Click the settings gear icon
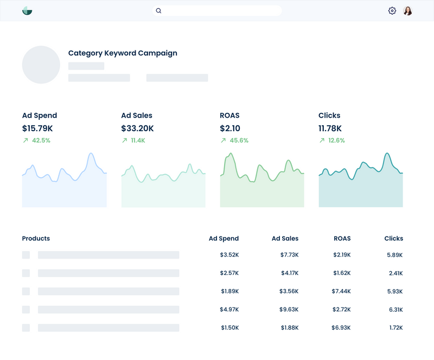coord(392,11)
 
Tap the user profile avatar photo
coord(408,11)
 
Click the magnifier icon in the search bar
coord(158,11)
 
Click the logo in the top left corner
coord(27,11)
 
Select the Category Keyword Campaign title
coord(123,53)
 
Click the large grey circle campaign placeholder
coord(41,65)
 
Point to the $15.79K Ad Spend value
coord(37,128)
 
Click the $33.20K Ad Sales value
coord(137,128)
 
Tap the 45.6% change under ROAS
coord(239,140)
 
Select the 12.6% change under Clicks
coord(336,140)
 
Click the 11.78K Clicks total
coord(330,128)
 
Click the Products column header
coord(36,239)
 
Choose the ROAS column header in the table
coord(342,239)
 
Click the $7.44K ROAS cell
coord(341,291)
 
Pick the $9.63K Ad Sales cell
coord(289,310)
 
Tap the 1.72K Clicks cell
coord(396,328)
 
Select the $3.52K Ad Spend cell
coord(229,255)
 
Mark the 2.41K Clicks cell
coord(395,273)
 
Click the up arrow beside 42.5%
coord(25,140)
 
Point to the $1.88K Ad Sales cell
coord(290,328)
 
